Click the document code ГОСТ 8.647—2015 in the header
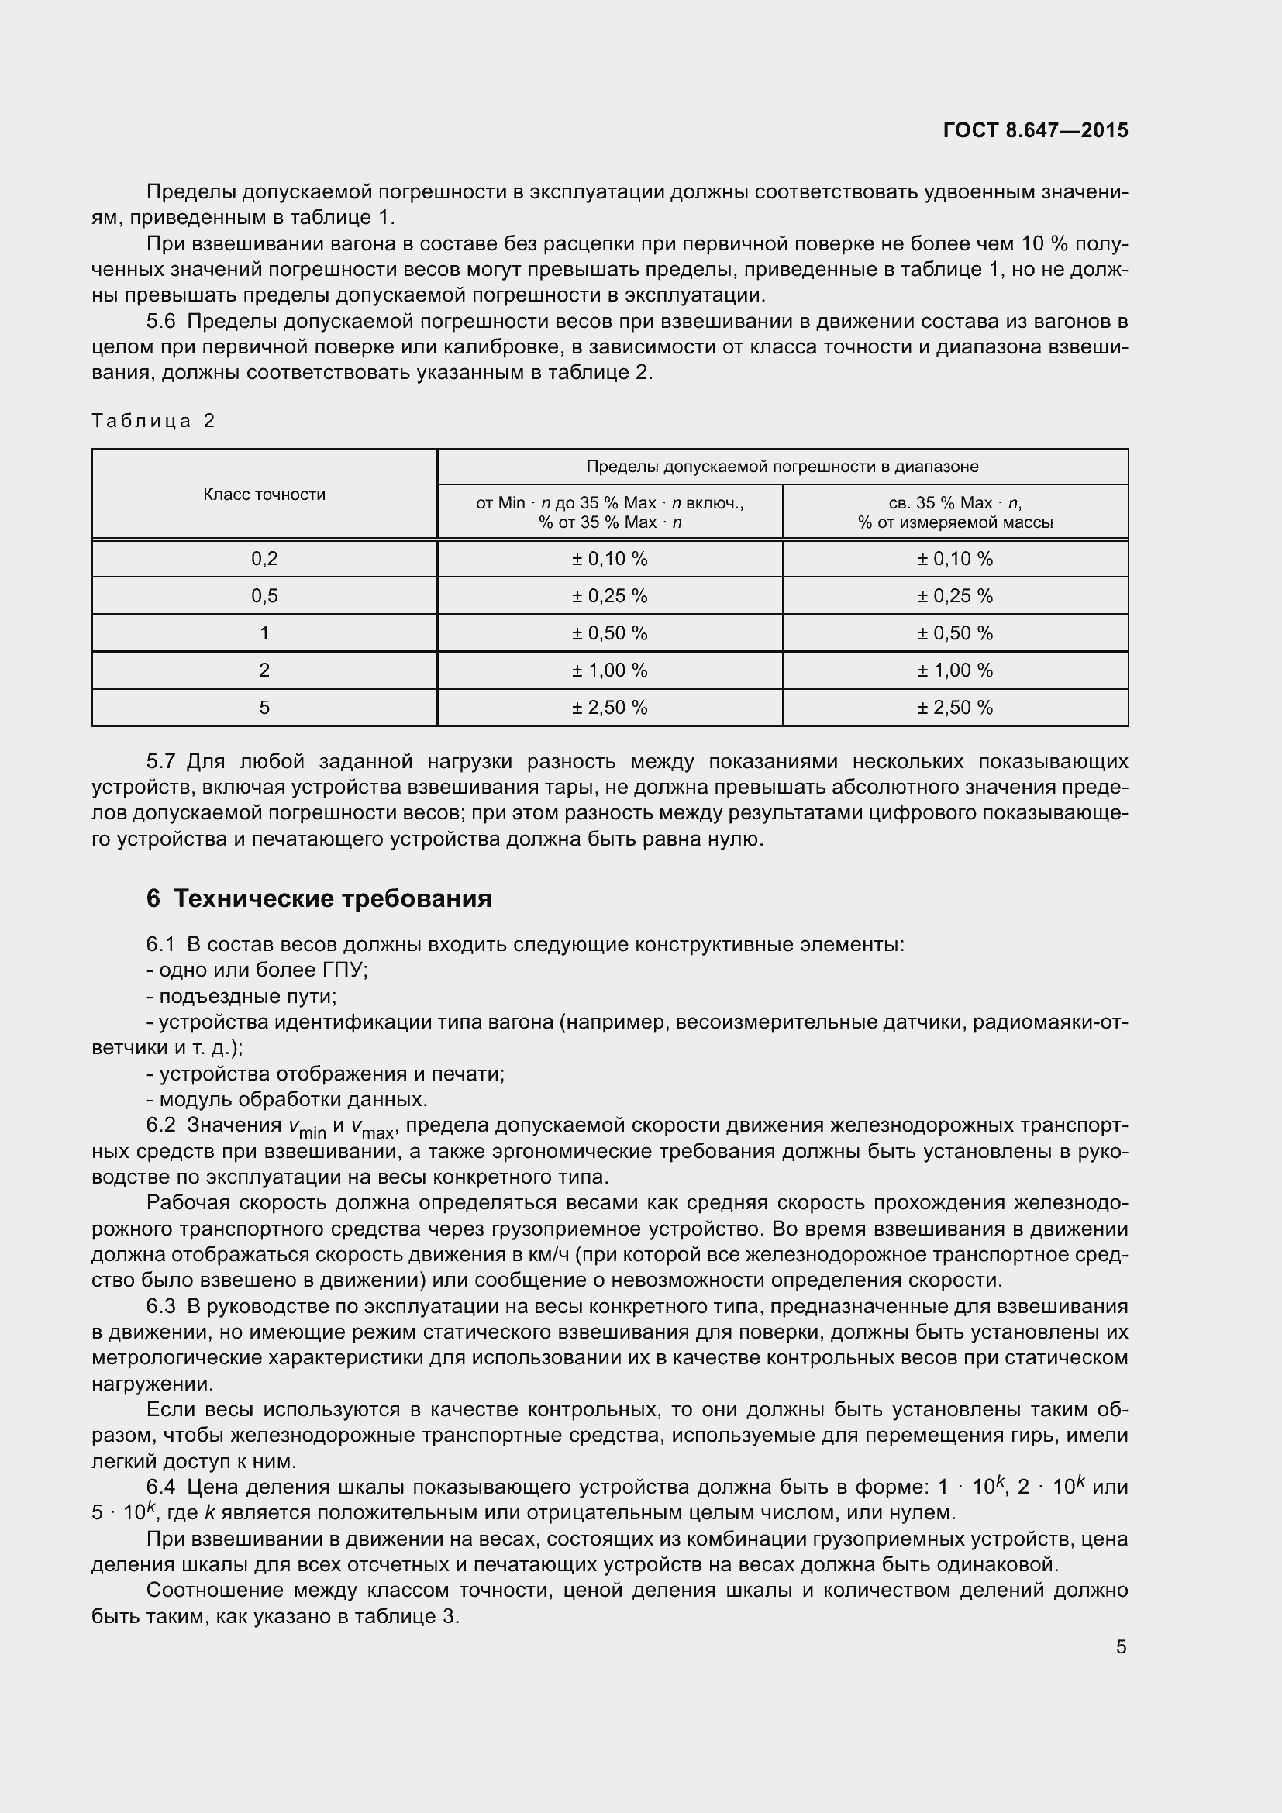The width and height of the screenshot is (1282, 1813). [x=1035, y=130]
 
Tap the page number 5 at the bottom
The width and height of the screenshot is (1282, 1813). [x=1121, y=1646]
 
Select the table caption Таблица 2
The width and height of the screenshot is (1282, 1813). [x=153, y=420]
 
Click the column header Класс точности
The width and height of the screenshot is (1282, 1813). [x=264, y=495]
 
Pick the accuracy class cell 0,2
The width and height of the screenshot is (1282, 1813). [x=264, y=559]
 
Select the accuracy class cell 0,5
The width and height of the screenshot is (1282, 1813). [x=264, y=596]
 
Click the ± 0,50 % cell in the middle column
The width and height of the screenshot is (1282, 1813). [x=609, y=633]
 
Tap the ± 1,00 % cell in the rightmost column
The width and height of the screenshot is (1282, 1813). [x=954, y=670]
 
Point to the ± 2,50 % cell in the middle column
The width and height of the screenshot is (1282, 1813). [x=609, y=708]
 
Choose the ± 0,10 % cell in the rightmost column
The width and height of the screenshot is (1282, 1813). [x=954, y=559]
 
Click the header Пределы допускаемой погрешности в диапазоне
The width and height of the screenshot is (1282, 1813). [x=781, y=467]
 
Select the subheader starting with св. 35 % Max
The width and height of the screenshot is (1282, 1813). [x=954, y=512]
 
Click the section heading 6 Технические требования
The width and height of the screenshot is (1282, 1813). [x=319, y=898]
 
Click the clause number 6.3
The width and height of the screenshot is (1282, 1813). [x=161, y=1306]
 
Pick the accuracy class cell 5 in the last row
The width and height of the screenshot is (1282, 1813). [x=264, y=708]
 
